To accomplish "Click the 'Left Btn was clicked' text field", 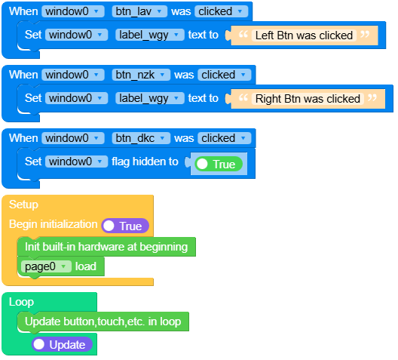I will click(304, 35).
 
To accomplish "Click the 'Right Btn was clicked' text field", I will click(308, 98).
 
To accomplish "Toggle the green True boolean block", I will click(218, 164).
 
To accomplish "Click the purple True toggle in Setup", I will click(125, 226).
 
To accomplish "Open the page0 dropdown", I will click(45, 266).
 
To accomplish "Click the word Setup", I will click(23, 205).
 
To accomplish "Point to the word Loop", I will click(21, 302).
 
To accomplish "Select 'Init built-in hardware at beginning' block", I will click(106, 246).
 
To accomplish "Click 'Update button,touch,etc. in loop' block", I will click(103, 322).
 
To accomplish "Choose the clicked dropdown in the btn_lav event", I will click(222, 11).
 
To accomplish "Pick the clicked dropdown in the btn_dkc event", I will click(224, 138).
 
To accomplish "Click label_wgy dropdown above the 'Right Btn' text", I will click(150, 98).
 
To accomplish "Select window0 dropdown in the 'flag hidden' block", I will click(76, 162).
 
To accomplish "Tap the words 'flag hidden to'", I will click(145, 162).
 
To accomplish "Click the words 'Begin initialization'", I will click(53, 225).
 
